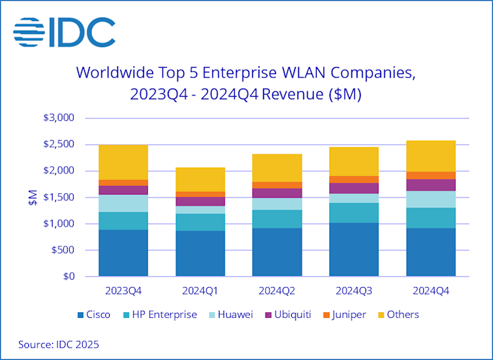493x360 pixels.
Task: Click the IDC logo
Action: tap(64, 32)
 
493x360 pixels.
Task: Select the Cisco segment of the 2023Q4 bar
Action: tap(124, 253)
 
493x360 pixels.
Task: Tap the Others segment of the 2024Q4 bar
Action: tap(431, 156)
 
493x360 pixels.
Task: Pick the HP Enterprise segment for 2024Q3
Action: tap(354, 213)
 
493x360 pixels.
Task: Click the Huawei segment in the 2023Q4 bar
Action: tap(124, 203)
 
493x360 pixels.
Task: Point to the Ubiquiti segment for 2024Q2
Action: tap(277, 193)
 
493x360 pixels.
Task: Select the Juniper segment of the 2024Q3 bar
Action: tap(354, 179)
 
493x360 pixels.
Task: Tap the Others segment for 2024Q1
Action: tap(200, 179)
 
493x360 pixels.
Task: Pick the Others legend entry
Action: tap(396, 315)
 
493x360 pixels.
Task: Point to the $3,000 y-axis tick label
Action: tap(60, 118)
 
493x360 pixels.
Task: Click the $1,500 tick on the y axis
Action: tap(60, 197)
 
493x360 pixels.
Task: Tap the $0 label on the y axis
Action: tap(69, 277)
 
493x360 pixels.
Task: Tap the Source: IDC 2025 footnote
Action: tap(59, 344)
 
